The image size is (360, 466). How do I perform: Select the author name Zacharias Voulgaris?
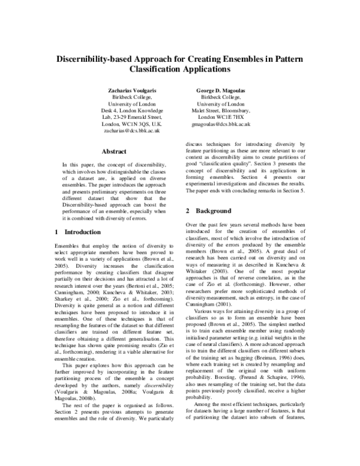pos(133,89)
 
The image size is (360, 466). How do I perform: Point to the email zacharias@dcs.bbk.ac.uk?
pos(133,129)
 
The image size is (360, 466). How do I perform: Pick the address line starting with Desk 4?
pos(133,111)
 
